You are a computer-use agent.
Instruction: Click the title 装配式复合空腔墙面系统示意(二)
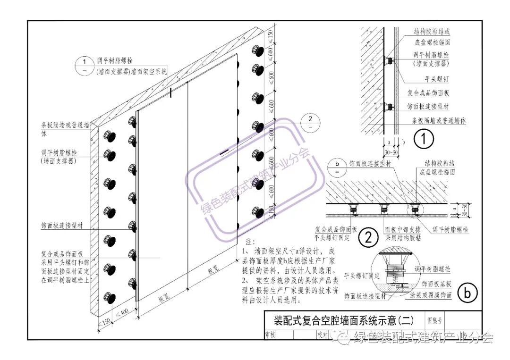coord(344,321)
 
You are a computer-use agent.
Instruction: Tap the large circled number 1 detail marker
coord(424,139)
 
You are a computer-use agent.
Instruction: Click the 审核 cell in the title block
coord(271,334)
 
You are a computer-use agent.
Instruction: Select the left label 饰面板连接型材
coord(61,226)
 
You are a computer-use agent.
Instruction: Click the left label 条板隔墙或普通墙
coord(64,126)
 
